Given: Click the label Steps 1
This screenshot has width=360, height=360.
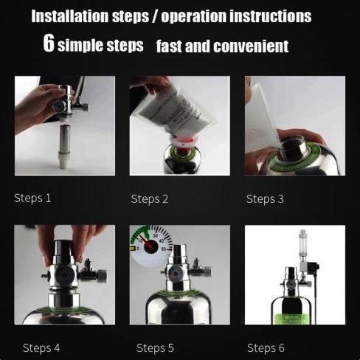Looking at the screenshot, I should (x=33, y=198).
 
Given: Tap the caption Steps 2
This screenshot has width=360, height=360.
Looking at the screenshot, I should (x=150, y=198).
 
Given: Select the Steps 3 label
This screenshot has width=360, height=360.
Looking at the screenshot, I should (x=265, y=198).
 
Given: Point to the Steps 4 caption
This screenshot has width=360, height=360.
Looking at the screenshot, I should (x=42, y=347).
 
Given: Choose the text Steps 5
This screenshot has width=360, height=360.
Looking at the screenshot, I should (x=156, y=347).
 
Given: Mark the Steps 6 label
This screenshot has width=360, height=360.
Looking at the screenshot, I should (x=266, y=347).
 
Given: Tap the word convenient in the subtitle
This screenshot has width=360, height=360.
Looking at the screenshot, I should (x=251, y=46).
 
